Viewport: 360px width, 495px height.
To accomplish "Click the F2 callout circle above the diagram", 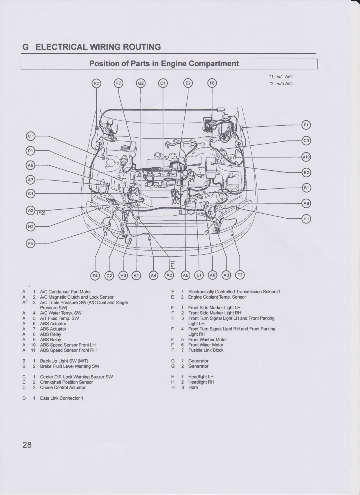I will (x=97, y=83).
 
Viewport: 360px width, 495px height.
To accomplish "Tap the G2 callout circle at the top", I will (x=141, y=83).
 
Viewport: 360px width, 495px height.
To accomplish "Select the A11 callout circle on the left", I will (x=30, y=136).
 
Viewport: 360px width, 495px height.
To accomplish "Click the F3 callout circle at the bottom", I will (x=240, y=275).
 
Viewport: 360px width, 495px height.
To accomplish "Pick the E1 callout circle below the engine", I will (x=199, y=275).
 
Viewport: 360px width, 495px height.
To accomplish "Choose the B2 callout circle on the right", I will (x=306, y=172).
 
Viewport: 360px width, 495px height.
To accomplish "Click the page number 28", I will (x=27, y=445).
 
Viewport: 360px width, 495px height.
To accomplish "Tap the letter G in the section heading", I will (x=25, y=47).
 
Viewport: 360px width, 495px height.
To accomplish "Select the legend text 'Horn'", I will (x=193, y=387).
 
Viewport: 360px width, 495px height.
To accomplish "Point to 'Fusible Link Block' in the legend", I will (x=206, y=350).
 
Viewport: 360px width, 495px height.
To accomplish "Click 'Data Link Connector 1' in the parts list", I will (x=62, y=398).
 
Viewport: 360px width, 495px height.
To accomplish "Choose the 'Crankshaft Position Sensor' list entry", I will (x=66, y=382).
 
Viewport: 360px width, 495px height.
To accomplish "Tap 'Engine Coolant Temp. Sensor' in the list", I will (x=217, y=297).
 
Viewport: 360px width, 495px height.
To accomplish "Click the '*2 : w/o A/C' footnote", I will (x=281, y=84).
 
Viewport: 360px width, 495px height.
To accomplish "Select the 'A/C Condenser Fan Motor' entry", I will (x=66, y=292).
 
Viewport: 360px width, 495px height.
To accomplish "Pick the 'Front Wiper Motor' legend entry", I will (x=206, y=345).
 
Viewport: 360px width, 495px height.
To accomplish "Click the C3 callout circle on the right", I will (x=306, y=141).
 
